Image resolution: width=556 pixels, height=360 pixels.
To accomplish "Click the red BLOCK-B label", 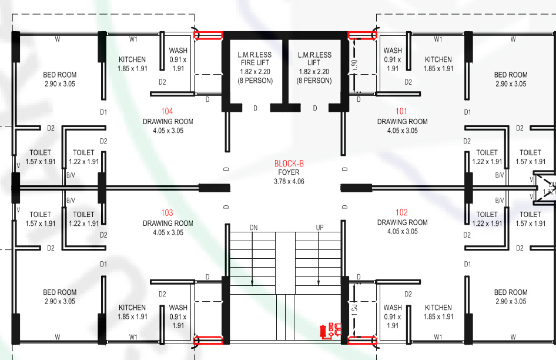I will click(x=289, y=164).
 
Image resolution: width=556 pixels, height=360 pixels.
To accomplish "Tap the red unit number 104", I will click(x=167, y=111).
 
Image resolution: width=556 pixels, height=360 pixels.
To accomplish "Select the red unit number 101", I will click(x=401, y=111).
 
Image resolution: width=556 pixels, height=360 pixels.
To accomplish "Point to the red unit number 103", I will click(x=167, y=213).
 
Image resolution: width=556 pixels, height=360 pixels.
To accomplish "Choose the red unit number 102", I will click(x=401, y=212).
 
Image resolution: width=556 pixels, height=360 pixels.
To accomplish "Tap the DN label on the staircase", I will click(x=253, y=227).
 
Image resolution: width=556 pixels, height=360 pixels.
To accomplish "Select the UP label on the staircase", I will click(x=320, y=227).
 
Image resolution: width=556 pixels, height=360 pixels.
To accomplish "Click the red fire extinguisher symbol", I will click(x=323, y=331).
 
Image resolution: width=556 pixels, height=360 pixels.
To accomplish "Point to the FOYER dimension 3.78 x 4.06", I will click(x=289, y=182).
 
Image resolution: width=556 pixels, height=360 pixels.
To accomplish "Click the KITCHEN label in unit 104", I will click(x=132, y=59).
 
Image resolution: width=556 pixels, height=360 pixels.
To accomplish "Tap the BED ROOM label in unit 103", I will click(x=59, y=292).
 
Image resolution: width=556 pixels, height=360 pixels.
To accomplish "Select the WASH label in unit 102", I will click(x=393, y=308).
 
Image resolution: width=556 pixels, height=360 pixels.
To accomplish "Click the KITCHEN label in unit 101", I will click(x=438, y=59).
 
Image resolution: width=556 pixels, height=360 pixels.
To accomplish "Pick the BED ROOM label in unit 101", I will click(x=511, y=75).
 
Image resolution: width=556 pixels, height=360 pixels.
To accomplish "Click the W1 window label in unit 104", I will click(x=133, y=39).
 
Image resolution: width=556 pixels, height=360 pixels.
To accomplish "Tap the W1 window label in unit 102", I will click(x=438, y=337).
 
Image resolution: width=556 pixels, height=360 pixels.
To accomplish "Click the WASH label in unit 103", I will click(x=178, y=308).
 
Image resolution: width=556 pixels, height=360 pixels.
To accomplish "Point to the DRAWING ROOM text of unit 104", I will click(x=168, y=122).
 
